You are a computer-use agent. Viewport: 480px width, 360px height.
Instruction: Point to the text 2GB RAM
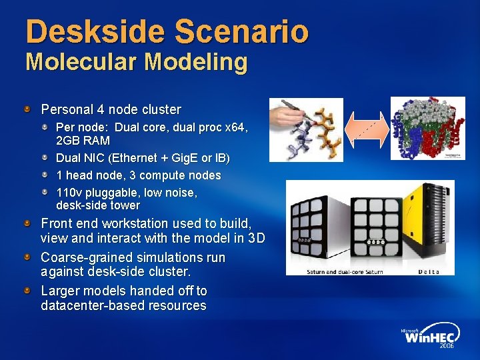pos(83,141)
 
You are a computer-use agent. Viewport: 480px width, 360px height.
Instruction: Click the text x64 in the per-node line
pos(235,126)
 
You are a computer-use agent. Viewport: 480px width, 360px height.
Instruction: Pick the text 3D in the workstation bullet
pos(256,238)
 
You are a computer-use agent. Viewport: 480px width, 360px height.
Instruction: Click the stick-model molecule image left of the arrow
pos(305,129)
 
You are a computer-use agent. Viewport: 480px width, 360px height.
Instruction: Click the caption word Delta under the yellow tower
pos(429,271)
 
